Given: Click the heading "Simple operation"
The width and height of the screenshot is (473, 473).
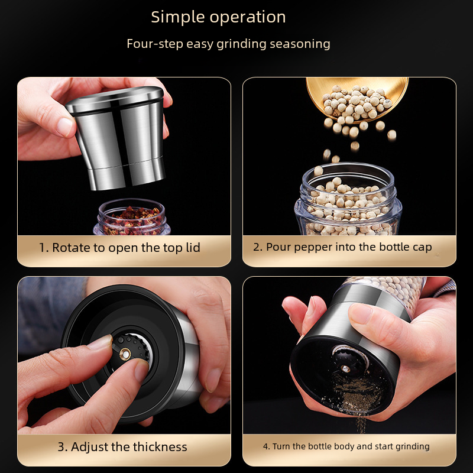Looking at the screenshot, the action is point(218,17).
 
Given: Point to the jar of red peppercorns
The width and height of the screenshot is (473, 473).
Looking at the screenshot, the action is point(131,217).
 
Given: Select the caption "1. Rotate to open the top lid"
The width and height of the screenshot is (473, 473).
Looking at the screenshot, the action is point(119,248).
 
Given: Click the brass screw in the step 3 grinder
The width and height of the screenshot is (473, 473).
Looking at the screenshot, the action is point(125,354).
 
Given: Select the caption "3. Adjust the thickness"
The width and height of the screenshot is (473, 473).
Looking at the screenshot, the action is point(122,447).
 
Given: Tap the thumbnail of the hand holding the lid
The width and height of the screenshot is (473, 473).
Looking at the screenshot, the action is point(65,127).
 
